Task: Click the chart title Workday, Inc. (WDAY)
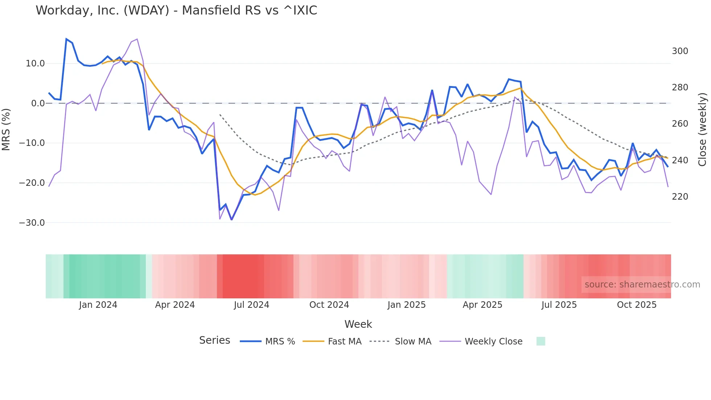(x=176, y=11)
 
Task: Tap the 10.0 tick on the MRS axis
(x=35, y=64)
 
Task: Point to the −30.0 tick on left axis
(x=32, y=223)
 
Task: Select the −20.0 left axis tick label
(x=32, y=183)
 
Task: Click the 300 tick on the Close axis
(x=680, y=51)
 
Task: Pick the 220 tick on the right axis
(x=680, y=197)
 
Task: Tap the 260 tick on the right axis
(x=680, y=124)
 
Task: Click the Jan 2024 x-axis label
(x=98, y=305)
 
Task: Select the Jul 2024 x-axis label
(x=251, y=305)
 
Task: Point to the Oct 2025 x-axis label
(x=637, y=305)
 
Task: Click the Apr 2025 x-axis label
(x=482, y=305)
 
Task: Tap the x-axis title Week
(x=358, y=324)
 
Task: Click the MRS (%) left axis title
(x=6, y=129)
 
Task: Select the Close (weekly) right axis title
(x=703, y=129)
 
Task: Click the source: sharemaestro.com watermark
(x=642, y=285)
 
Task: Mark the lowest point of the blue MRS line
(x=231, y=220)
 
